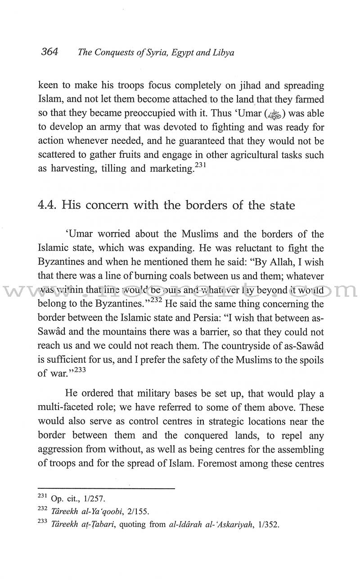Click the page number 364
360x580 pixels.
pos(49,52)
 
